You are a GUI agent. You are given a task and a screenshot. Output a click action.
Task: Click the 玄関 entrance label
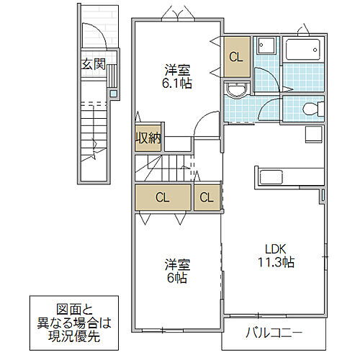pyautogui.click(x=93, y=64)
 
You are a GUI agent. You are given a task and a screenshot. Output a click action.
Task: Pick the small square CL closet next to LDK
pyautogui.click(x=206, y=197)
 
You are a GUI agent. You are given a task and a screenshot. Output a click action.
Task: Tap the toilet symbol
pyautogui.click(x=310, y=109)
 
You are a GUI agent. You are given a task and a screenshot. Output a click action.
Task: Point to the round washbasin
pyautogui.click(x=235, y=91)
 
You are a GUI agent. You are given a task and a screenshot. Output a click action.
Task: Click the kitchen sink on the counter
pyautogui.click(x=271, y=177)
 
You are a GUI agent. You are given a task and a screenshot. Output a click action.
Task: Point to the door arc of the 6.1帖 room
pyautogui.click(x=207, y=123)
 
